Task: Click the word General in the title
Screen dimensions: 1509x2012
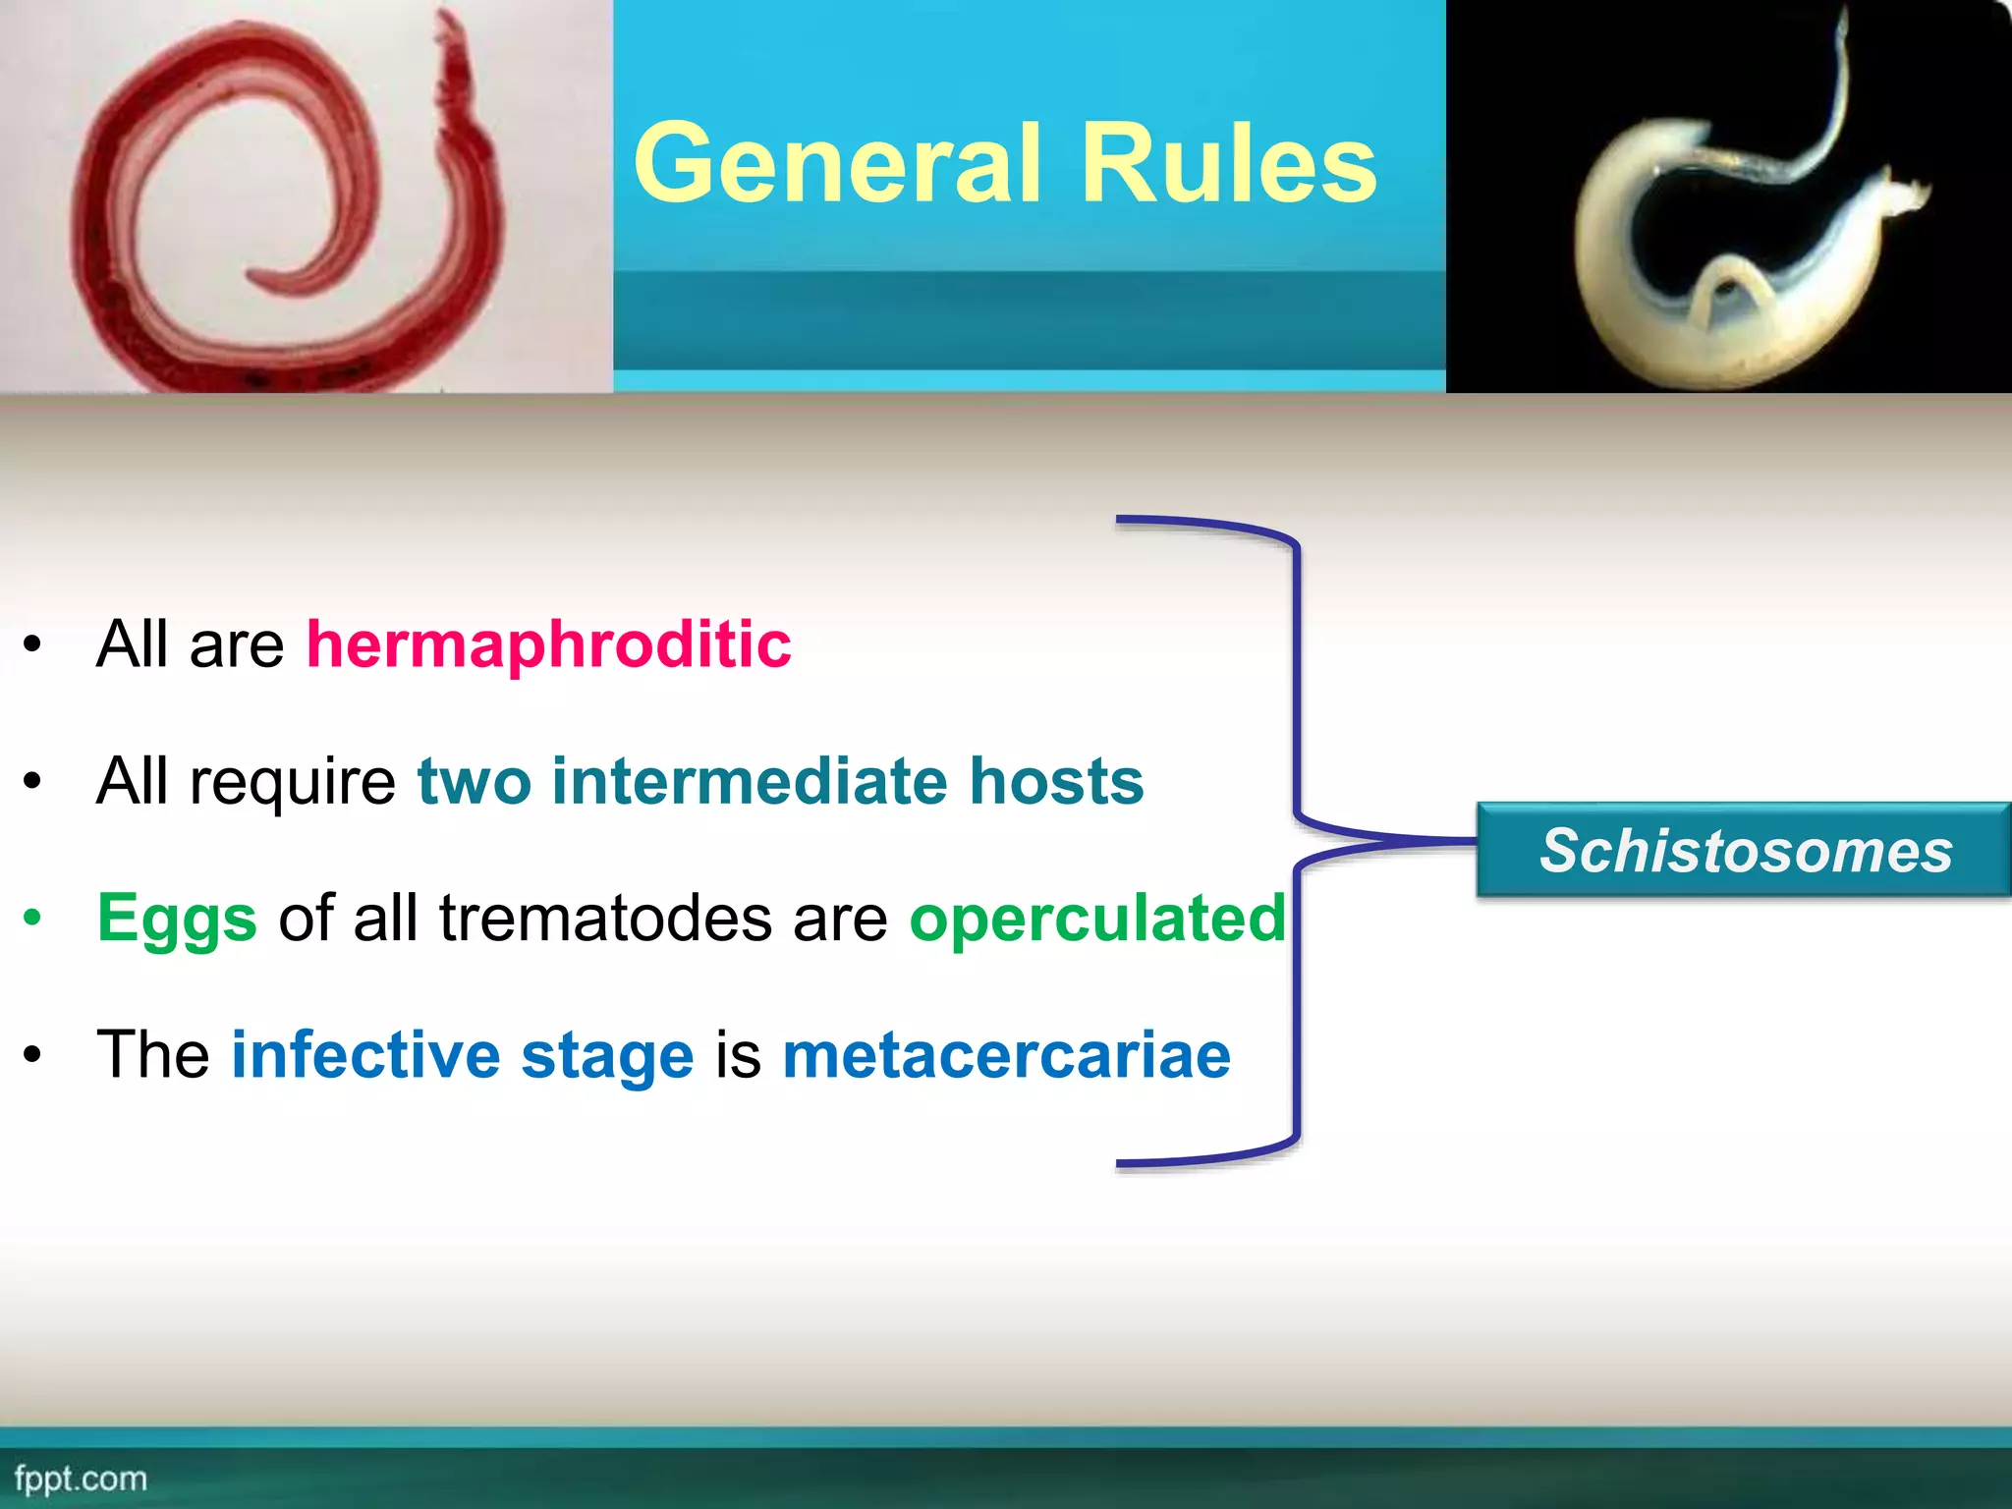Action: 836,163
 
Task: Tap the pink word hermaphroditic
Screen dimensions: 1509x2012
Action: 548,644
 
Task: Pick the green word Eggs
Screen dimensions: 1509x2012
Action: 177,919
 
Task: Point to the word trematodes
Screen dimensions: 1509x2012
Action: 605,919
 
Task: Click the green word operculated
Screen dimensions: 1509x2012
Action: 1096,919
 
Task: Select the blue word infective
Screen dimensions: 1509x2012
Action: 365,1055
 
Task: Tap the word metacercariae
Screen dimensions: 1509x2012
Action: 1006,1055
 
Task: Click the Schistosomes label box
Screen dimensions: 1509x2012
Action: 1745,850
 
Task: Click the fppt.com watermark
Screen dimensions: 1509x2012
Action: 81,1479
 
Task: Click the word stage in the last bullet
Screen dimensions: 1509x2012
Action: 607,1057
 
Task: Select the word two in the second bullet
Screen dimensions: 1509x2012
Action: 474,781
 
